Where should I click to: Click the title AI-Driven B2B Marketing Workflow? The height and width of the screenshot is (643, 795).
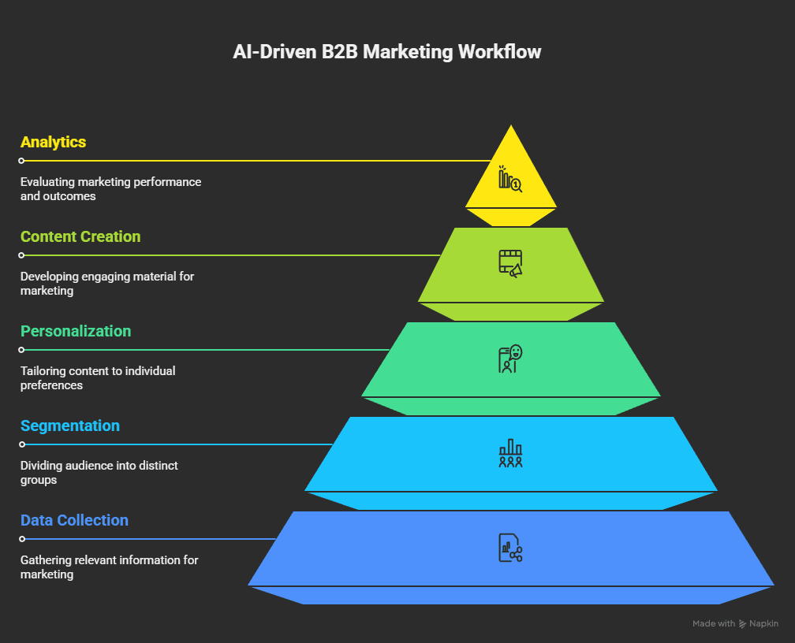(x=387, y=52)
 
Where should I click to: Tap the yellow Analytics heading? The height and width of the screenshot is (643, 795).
(x=54, y=143)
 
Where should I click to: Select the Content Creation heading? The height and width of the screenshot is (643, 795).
(x=80, y=237)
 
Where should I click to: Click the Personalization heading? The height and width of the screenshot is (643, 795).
(x=76, y=332)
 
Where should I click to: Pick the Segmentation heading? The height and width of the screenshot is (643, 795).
(x=70, y=426)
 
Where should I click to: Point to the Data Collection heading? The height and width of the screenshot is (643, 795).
(x=74, y=521)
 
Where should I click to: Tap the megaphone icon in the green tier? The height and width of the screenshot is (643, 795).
(x=510, y=262)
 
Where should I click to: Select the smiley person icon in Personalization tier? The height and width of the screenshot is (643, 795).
(x=510, y=359)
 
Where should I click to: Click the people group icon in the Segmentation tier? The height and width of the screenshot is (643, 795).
(x=510, y=453)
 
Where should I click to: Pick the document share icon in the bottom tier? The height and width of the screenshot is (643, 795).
(x=510, y=548)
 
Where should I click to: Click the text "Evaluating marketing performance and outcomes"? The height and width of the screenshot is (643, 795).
(x=110, y=189)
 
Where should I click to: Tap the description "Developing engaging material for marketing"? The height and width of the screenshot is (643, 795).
(x=107, y=284)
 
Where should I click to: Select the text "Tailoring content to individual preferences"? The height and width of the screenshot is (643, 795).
(x=98, y=378)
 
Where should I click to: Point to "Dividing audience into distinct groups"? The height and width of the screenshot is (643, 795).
(x=99, y=473)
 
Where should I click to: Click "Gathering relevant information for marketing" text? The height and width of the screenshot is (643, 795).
(x=109, y=567)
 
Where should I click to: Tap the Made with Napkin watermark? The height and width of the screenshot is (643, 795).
(x=735, y=624)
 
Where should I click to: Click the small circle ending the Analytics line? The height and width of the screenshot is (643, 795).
(x=22, y=161)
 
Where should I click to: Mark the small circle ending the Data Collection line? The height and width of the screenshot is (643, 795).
(x=22, y=539)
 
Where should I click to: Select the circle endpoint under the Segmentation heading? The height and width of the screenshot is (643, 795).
(x=22, y=444)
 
